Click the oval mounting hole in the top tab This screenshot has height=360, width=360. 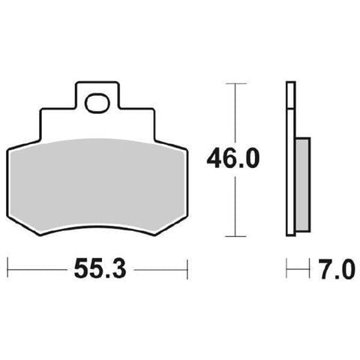[x=97, y=100]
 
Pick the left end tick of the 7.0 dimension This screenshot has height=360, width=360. [x=286, y=268]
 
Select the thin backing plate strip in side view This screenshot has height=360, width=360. [x=289, y=157]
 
